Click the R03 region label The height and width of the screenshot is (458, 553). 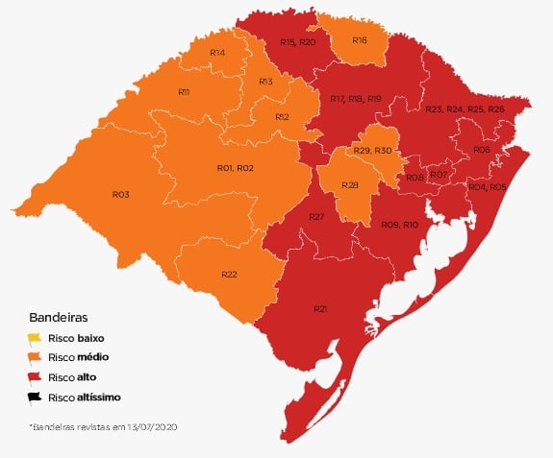coord(120,194)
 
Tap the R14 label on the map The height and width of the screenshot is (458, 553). coord(217,52)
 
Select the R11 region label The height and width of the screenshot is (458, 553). coord(184,91)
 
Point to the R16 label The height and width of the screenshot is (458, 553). coord(359,40)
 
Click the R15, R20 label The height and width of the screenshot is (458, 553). coord(297,42)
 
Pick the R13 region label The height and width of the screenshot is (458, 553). coord(265,83)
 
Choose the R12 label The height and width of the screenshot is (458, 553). coord(282,117)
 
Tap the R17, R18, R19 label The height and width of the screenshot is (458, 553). coord(356,99)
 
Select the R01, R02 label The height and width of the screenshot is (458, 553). coord(235,168)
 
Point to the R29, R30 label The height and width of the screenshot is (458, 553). coord(372,152)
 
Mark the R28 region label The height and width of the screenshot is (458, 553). coord(350,184)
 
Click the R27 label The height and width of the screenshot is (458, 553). coord(316,218)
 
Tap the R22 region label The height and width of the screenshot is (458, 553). coord(229,275)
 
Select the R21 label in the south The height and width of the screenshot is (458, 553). coord(320,308)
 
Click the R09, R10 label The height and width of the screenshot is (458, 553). coord(399,224)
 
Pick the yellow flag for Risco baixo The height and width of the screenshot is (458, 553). coord(35,337)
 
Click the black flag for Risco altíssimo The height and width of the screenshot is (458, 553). coord(35,396)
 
